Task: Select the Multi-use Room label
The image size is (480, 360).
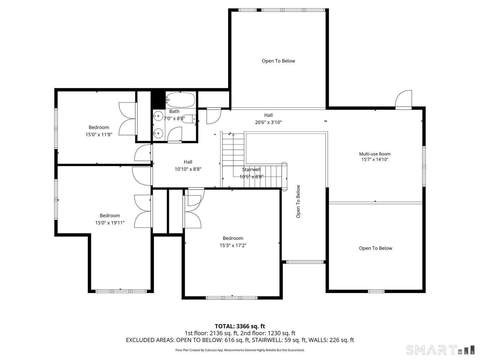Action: click(x=375, y=154)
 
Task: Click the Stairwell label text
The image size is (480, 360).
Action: click(x=251, y=169)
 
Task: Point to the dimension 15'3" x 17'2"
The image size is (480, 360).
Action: click(x=233, y=245)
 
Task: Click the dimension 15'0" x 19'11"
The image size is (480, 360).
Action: click(x=110, y=223)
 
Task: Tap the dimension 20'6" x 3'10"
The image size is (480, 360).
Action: click(x=268, y=122)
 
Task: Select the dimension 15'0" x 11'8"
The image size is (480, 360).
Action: click(x=99, y=134)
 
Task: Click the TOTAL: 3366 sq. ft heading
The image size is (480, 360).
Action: click(x=240, y=326)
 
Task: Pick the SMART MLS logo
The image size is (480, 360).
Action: click(x=440, y=350)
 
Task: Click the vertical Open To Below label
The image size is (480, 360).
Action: click(x=298, y=201)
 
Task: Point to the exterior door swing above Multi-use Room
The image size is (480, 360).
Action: click(x=403, y=100)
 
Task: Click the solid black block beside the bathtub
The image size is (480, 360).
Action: click(x=158, y=100)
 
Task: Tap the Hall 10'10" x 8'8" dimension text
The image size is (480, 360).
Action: click(x=188, y=169)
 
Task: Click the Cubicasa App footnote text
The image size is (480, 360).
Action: click(x=240, y=350)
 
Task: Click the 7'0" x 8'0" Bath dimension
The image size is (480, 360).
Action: click(x=174, y=118)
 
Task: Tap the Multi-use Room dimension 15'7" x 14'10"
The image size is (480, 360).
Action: click(x=375, y=159)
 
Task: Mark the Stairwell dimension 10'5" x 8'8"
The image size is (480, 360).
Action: click(x=251, y=177)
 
